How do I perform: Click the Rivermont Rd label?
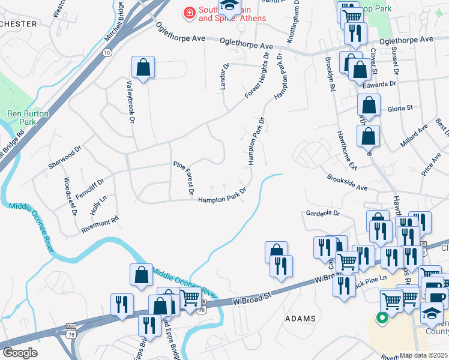(x=100, y=225)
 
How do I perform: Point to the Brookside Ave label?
(x=346, y=183)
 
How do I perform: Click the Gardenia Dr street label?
(x=323, y=213)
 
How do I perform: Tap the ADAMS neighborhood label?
(x=300, y=318)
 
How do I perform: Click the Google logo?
(x=19, y=353)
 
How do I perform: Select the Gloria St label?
(x=400, y=108)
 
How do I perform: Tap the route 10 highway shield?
(x=106, y=53)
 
